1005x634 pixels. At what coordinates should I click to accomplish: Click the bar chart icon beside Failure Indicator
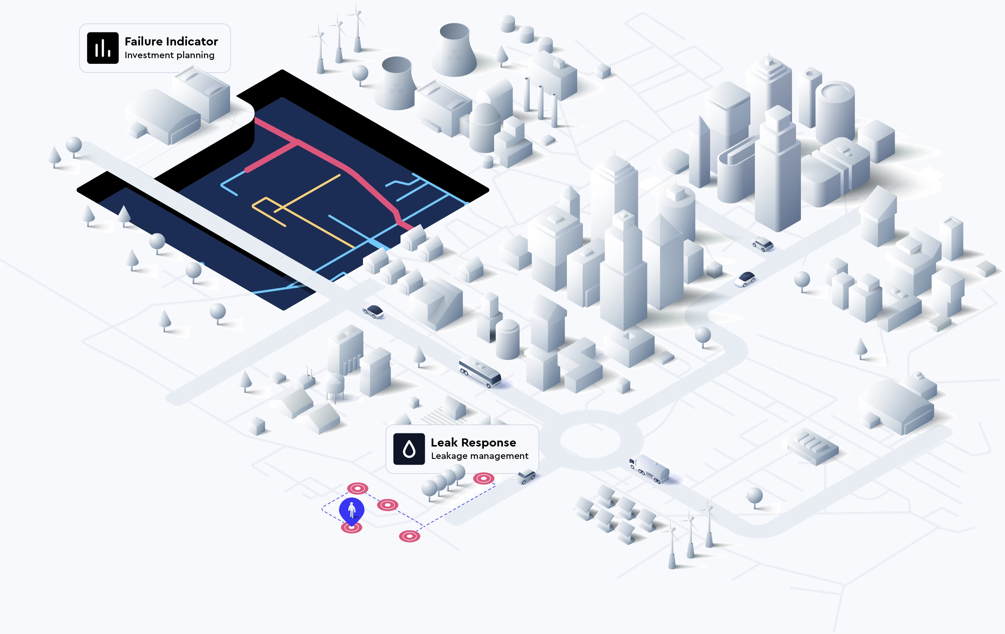[x=103, y=48]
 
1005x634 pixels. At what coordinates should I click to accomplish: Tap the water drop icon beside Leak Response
[x=409, y=449]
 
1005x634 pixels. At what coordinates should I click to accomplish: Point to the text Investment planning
[x=170, y=55]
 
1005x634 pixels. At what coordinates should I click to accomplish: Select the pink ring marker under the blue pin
[x=352, y=528]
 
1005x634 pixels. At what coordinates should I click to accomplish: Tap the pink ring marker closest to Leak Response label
[x=484, y=479]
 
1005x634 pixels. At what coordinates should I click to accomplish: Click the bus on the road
[x=480, y=372]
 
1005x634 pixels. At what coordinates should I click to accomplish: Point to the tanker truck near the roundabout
[x=650, y=469]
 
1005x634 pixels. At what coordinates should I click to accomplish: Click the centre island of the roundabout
[x=590, y=440]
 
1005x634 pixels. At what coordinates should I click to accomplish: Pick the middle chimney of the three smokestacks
[x=541, y=102]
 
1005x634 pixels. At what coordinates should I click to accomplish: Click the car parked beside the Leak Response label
[x=526, y=476]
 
